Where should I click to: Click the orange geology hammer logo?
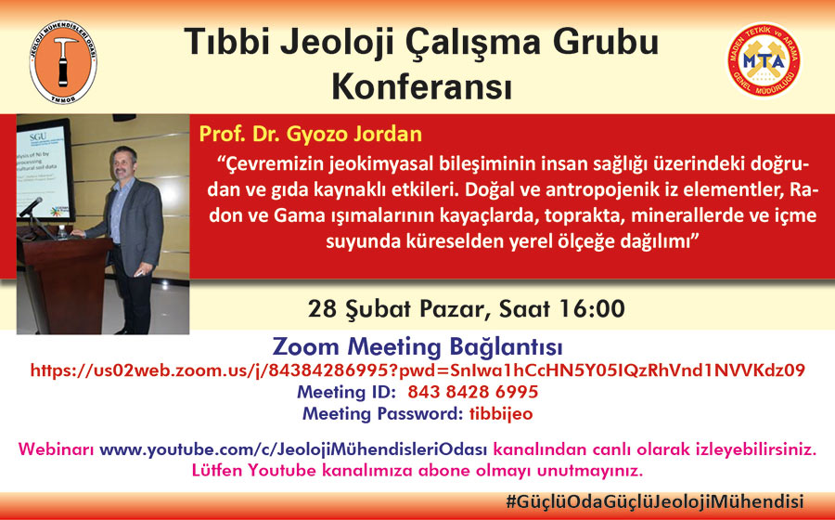pos(63,63)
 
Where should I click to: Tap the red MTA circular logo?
pos(764,60)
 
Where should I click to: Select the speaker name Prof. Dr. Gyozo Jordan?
pos(310,134)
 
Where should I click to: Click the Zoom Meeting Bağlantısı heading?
pos(417,347)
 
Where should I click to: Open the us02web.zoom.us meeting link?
pos(417,370)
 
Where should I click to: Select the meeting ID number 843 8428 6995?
pos(473,392)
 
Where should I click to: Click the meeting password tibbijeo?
pos(501,414)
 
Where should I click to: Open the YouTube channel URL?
pos(293,449)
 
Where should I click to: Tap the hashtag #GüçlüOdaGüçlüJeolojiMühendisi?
pos(654,501)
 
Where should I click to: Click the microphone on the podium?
pos(31,207)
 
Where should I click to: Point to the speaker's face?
pos(124,162)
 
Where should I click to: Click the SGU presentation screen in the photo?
pos(45,168)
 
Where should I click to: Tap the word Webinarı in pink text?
pos(56,449)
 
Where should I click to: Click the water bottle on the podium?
pos(62,231)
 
